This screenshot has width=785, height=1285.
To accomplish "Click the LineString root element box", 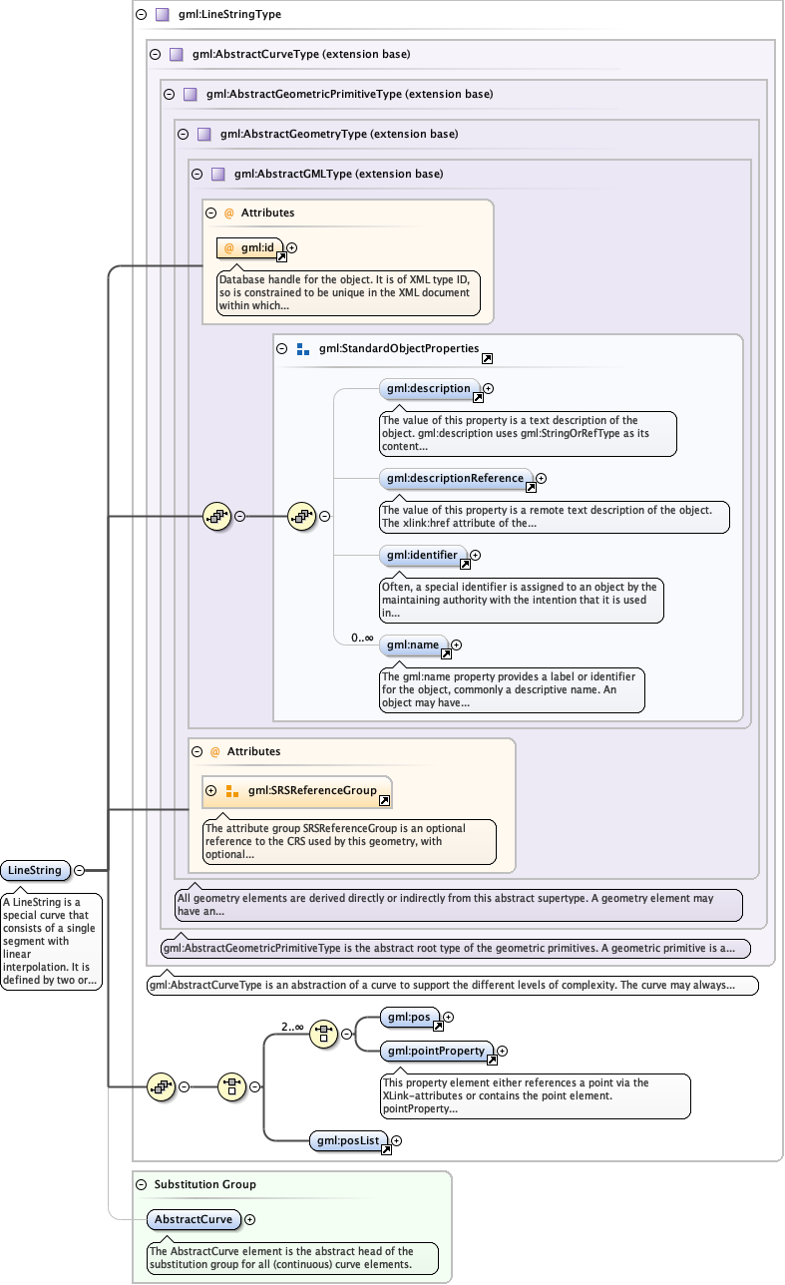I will [35, 870].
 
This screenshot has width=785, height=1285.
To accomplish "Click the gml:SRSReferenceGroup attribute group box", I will [297, 791].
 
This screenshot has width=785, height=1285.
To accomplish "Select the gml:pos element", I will [409, 1017].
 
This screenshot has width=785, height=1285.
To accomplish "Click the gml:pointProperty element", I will [436, 1051].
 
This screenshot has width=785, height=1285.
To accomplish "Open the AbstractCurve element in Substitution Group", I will [194, 1219].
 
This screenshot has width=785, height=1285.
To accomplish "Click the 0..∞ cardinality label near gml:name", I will [361, 638].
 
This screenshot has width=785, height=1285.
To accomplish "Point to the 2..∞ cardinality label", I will [292, 1026].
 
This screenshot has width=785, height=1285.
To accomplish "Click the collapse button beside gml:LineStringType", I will [141, 15].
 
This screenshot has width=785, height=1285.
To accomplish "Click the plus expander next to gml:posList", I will [396, 1140].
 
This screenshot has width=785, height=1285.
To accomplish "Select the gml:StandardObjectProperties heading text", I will [399, 349].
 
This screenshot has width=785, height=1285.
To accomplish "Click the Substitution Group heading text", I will [204, 1184].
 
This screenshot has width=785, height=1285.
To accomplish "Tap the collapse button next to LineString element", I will [79, 870].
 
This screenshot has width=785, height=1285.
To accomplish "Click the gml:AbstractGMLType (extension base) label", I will [338, 174].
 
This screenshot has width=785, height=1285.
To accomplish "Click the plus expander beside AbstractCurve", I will [249, 1219].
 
